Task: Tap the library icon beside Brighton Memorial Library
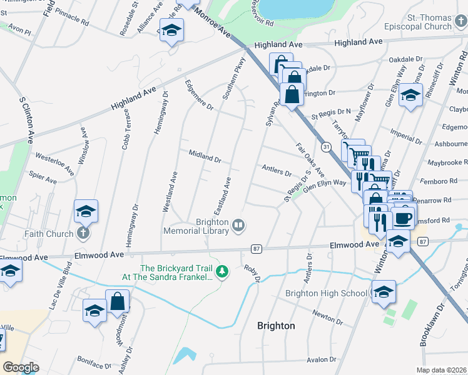tap(238, 225)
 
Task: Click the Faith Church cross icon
tap(83, 234)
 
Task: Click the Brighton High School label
tap(326, 294)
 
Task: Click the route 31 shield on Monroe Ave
tap(326, 147)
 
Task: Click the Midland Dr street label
tap(205, 156)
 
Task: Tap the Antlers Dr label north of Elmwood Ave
tap(277, 169)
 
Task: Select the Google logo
tap(21, 367)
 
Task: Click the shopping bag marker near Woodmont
tap(117, 302)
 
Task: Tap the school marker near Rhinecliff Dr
tap(410, 96)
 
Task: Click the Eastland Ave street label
tap(223, 195)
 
